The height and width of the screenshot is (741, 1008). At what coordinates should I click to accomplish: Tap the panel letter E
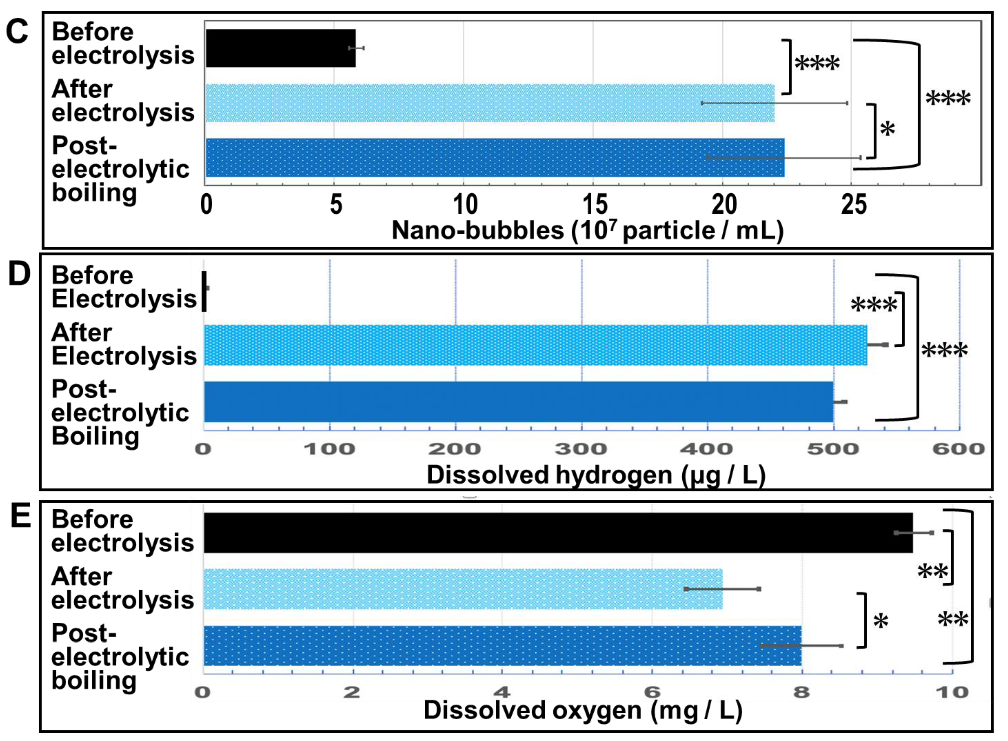pyautogui.click(x=21, y=516)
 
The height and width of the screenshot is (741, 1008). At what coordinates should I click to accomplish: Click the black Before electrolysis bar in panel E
pyautogui.click(x=558, y=533)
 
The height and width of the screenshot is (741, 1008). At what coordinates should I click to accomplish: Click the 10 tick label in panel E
pyautogui.click(x=952, y=692)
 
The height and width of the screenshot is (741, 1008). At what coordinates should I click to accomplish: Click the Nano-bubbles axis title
pyautogui.click(x=587, y=231)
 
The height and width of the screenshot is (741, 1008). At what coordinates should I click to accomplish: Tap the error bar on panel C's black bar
pyautogui.click(x=356, y=48)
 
